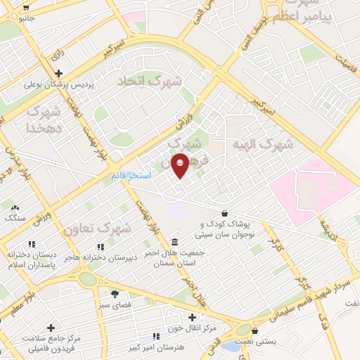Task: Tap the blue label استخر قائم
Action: [131, 175]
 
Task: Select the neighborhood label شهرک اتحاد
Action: [140, 80]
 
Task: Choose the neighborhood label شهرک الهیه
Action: [263, 143]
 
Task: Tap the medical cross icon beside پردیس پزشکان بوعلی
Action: [58, 73]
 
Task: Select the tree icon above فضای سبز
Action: [115, 294]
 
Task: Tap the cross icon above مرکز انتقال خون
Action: [193, 317]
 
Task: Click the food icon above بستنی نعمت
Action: [255, 330]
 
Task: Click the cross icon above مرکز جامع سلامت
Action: [51, 328]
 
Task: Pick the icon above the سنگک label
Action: [14, 207]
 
